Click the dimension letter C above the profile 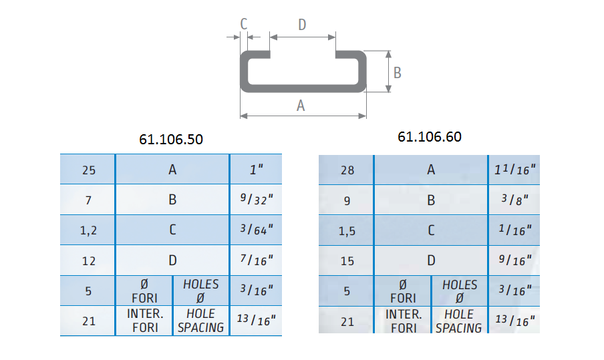243,24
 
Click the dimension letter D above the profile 302,25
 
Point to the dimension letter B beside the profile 397,72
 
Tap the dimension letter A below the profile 301,106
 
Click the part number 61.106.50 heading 171,139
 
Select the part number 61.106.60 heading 430,137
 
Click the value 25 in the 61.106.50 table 89,170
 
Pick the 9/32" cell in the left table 257,199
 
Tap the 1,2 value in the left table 88,230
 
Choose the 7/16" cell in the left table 257,260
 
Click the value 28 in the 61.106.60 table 347,170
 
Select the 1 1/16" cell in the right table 515,169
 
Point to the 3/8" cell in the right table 514,200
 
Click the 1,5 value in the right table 347,231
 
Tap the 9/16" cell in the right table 515,260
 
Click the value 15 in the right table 347,261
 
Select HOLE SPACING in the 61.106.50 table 200,321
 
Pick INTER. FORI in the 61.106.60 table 404,321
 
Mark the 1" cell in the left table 257,169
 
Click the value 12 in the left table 89,261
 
